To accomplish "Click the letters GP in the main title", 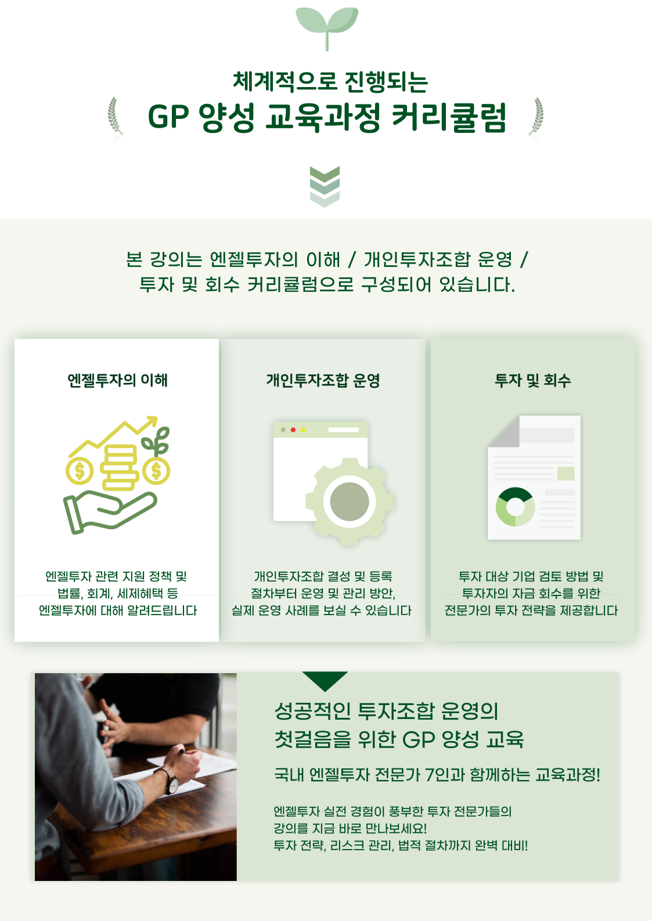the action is [168, 117].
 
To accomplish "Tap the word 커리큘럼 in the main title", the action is [449, 117].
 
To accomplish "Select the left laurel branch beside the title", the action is [115, 117].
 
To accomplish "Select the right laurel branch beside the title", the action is [536, 117].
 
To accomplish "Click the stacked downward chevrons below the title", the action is [325, 186].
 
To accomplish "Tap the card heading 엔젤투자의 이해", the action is [118, 380].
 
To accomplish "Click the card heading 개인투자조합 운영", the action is [323, 380].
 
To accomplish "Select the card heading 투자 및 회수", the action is [533, 380].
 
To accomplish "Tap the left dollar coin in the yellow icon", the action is [80, 471].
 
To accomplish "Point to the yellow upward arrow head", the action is [152, 421].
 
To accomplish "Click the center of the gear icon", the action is [350, 501].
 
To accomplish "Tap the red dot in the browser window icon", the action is [293, 429].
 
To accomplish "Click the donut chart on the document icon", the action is [515, 507].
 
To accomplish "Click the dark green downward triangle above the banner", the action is [325, 681].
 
